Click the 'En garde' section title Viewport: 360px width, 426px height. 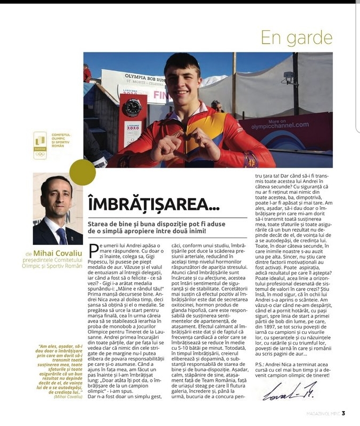pos(299,37)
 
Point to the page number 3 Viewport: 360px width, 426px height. pos(343,413)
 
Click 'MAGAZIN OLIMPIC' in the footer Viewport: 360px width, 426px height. pos(318,413)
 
